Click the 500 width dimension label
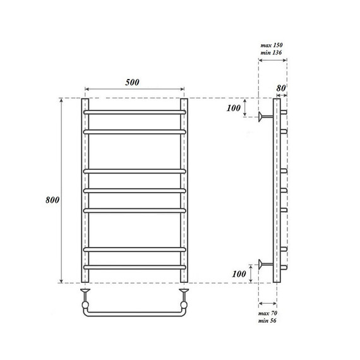[x=132, y=82]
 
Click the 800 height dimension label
[x=52, y=200]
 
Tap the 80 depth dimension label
[x=281, y=88]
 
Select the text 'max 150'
[x=272, y=45]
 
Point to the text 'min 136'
[x=271, y=52]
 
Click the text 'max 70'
[x=268, y=313]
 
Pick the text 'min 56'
[x=267, y=320]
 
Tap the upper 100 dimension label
[x=234, y=108]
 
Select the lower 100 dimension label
[x=239, y=273]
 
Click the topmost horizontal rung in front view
[x=135, y=112]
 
